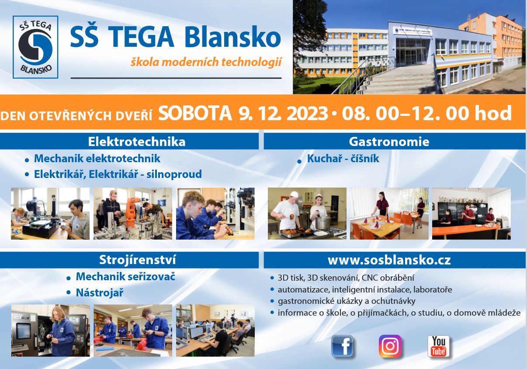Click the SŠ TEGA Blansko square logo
click(x=35, y=47)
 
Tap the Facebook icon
click(x=342, y=346)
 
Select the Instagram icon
click(x=390, y=346)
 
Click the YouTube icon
click(x=439, y=346)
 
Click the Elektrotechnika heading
click(x=137, y=142)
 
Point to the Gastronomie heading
click(x=389, y=142)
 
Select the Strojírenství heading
click(x=137, y=260)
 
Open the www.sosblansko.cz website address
click(x=389, y=260)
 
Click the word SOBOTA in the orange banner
click(x=195, y=113)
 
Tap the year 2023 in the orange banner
click(x=307, y=113)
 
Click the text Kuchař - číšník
click(x=343, y=159)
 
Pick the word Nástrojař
click(x=100, y=293)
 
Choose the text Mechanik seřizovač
click(x=125, y=276)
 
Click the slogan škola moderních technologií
click(x=206, y=62)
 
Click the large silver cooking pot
click(x=323, y=223)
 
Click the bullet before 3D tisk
click(x=272, y=278)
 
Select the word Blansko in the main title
click(x=232, y=38)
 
